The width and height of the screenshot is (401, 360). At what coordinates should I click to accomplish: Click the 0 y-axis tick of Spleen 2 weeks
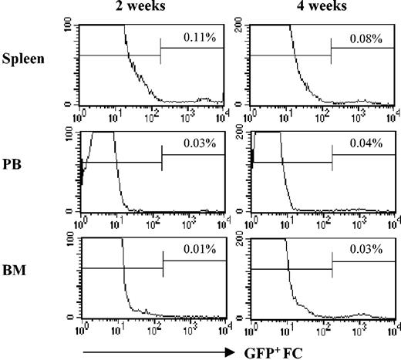(71, 103)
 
